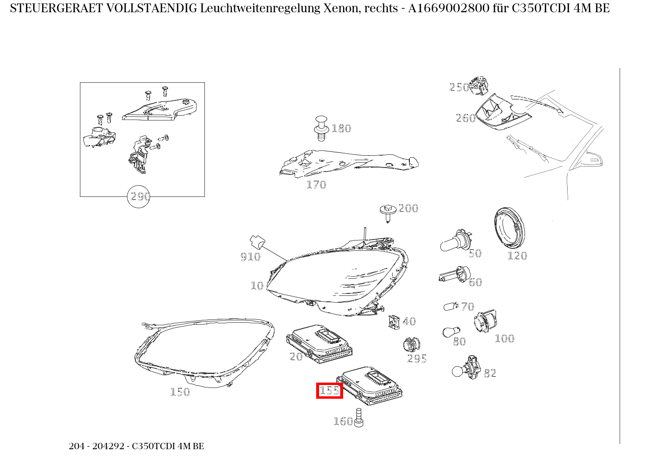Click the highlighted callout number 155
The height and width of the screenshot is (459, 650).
(x=329, y=390)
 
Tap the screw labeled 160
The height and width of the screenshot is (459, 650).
(x=358, y=417)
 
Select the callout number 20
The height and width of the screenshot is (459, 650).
(x=296, y=357)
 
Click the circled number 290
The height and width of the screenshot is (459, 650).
(x=139, y=197)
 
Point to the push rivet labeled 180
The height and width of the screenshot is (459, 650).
(x=321, y=128)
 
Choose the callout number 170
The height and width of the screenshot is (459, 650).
(x=316, y=185)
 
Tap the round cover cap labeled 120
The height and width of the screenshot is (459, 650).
(x=509, y=229)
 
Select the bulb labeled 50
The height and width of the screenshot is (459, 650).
(x=454, y=241)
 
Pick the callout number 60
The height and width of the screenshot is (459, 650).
(x=475, y=282)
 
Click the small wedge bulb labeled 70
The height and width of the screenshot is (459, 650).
(x=450, y=307)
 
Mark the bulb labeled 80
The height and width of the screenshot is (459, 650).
(x=449, y=332)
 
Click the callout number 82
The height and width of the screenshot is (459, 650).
(x=490, y=373)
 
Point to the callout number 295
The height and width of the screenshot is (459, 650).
(x=417, y=359)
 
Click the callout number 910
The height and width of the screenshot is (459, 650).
(x=250, y=257)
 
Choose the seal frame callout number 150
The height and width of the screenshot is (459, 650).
(x=180, y=392)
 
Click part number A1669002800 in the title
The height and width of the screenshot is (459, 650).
(x=449, y=8)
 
